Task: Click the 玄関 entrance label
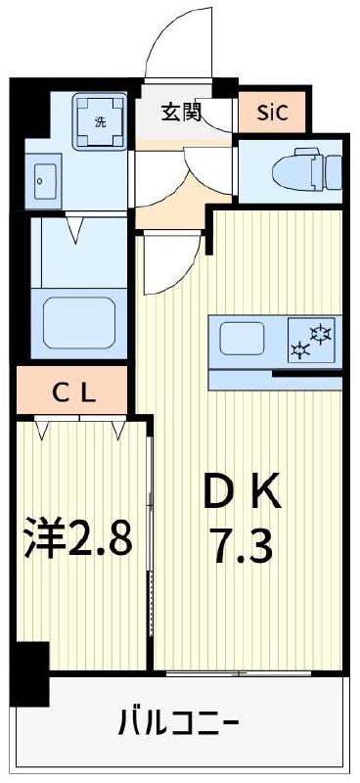[182, 112]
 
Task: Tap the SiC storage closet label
[273, 112]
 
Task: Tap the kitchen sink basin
[243, 340]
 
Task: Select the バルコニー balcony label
[178, 725]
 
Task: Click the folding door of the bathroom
[78, 235]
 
